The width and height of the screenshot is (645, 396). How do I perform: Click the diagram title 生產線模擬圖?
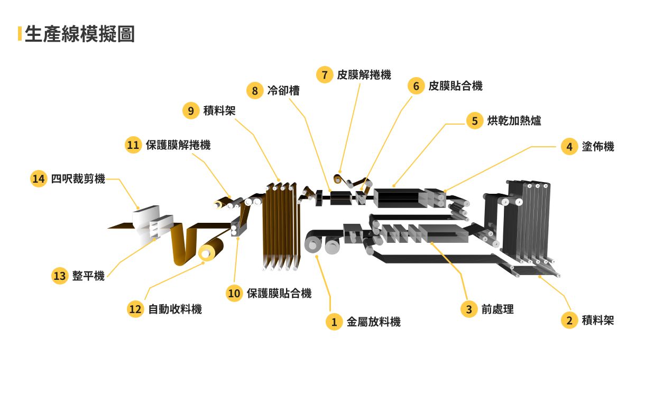point(79,34)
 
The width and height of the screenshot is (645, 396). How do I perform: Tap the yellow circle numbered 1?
point(334,322)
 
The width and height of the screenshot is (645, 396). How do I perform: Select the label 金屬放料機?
point(373,322)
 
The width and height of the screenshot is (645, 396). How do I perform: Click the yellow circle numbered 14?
point(39,179)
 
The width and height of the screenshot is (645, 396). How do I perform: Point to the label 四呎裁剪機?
point(78,179)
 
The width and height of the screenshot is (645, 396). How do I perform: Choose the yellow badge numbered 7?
point(325,74)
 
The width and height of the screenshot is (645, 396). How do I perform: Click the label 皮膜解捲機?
point(364,74)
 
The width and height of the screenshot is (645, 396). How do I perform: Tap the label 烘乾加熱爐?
point(514,120)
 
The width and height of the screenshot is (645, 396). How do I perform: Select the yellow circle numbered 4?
point(569,146)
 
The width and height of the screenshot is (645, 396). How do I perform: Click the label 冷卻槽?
point(283,90)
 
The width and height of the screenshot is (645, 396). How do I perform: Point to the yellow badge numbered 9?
point(191,110)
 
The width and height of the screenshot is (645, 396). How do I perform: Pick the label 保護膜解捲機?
point(178,145)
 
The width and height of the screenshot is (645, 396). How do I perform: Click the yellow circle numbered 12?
point(135,309)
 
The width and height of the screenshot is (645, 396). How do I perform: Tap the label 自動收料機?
point(174,309)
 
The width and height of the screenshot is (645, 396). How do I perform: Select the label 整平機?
point(88,276)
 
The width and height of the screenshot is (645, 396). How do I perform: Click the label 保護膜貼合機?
point(279,293)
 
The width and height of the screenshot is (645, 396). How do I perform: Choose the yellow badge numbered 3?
point(468,309)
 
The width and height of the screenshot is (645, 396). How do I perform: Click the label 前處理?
point(497,309)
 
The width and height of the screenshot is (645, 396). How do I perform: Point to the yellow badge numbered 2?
point(569,320)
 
